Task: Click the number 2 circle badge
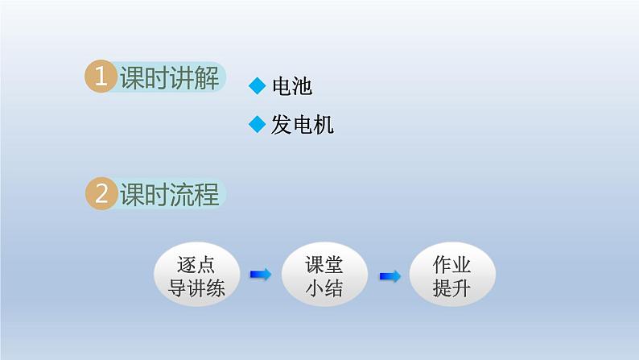pyautogui.click(x=101, y=194)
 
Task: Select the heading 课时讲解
pyautogui.click(x=169, y=77)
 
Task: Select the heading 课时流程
pyautogui.click(x=169, y=195)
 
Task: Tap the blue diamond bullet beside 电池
pyautogui.click(x=257, y=85)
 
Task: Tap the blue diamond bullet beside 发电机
pyautogui.click(x=257, y=124)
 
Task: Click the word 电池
pyautogui.click(x=292, y=86)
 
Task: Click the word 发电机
pyautogui.click(x=303, y=125)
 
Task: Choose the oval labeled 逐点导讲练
pyautogui.click(x=196, y=276)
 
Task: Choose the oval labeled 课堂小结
pyautogui.click(x=324, y=276)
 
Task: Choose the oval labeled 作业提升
pyautogui.click(x=452, y=276)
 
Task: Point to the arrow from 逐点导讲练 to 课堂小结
pyautogui.click(x=261, y=275)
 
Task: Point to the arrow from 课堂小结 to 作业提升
pyautogui.click(x=390, y=276)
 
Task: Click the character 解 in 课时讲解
pyautogui.click(x=207, y=77)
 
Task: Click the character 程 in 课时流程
pyautogui.click(x=207, y=195)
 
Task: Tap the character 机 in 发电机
pyautogui.click(x=323, y=125)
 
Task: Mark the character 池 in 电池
pyautogui.click(x=303, y=86)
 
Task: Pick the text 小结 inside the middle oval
pyautogui.click(x=324, y=288)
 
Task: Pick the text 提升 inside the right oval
pyautogui.click(x=452, y=288)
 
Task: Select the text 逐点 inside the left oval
pyautogui.click(x=196, y=265)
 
